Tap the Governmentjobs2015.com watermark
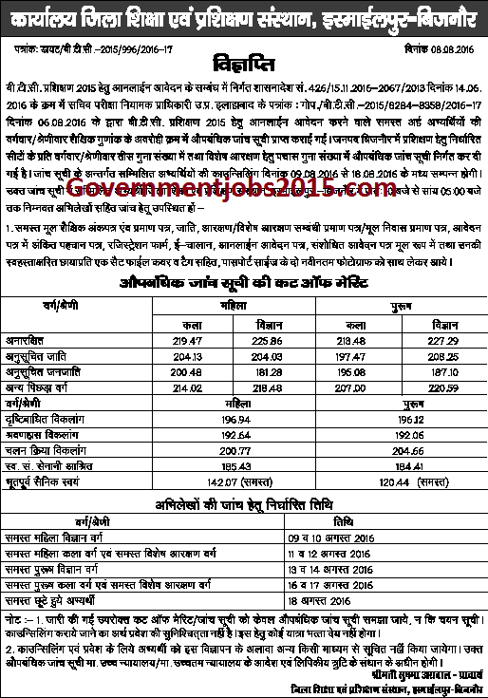pyautogui.click(x=245, y=219)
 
